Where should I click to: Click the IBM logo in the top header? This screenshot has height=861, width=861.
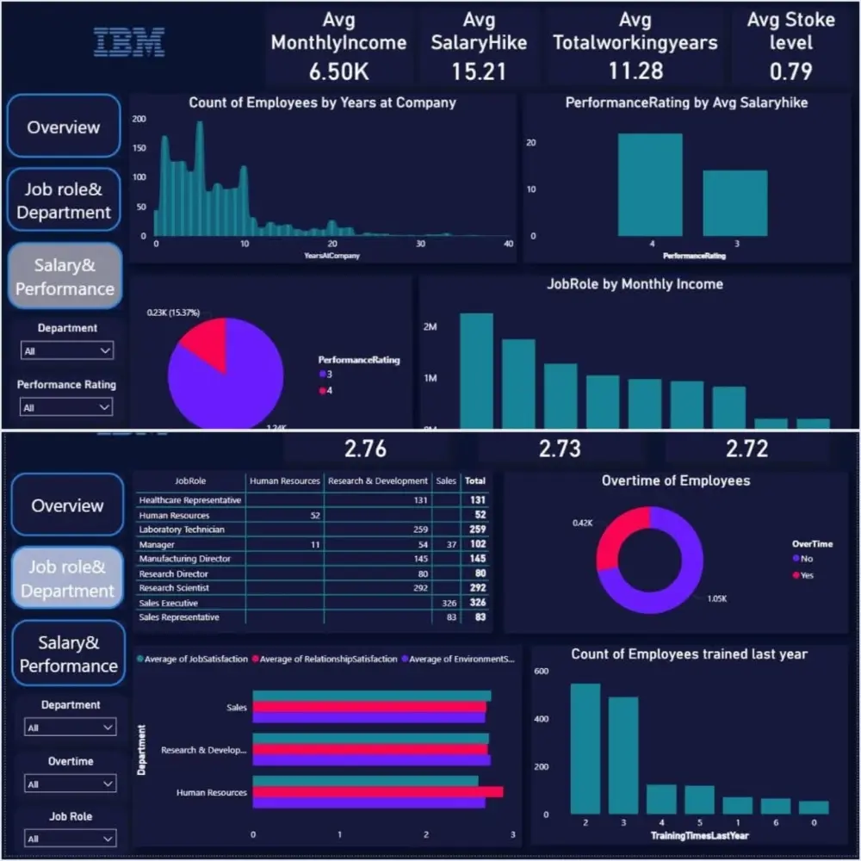point(129,41)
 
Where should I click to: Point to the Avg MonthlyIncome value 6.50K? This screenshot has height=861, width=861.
point(338,70)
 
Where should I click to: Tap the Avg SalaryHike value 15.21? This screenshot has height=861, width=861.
point(479,70)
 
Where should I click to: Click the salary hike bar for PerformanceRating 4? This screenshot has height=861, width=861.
point(650,184)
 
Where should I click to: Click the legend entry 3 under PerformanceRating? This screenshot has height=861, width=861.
point(328,375)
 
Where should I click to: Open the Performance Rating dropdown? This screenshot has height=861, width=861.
point(67,407)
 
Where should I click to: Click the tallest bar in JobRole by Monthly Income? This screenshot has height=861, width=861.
point(476,370)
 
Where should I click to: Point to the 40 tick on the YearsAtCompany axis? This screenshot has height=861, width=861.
point(508,245)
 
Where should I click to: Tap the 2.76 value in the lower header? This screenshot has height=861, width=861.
point(365,449)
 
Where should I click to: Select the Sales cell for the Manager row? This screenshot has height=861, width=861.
point(446,545)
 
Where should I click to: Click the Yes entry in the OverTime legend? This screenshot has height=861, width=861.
point(806,575)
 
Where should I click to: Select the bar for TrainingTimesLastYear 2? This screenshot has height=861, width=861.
point(585,748)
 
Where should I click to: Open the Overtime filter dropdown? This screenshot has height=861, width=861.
point(70,784)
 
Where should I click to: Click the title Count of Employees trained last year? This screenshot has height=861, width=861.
point(689,654)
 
